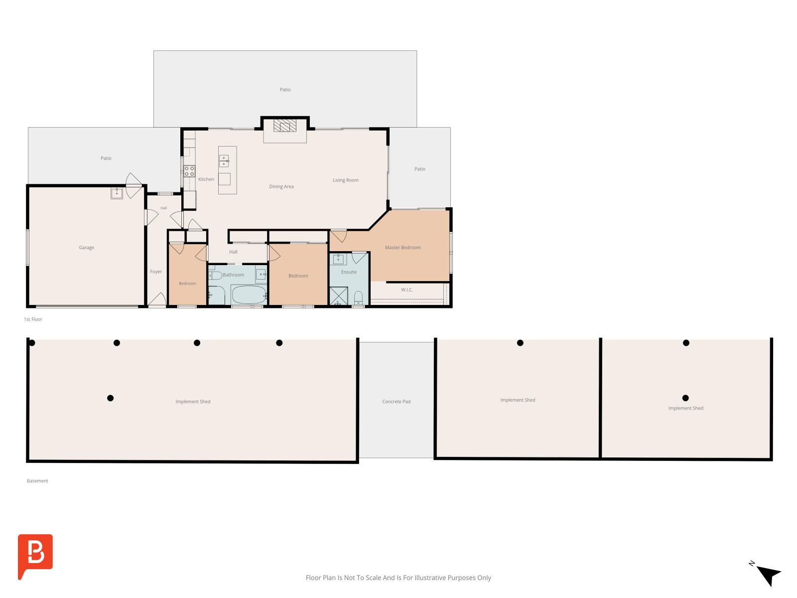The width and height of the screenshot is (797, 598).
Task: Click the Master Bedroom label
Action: (x=402, y=248)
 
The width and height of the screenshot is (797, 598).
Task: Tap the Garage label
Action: (x=86, y=248)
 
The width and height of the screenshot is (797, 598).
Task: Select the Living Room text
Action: (x=345, y=180)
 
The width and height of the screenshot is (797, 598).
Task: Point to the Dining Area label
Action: (x=281, y=186)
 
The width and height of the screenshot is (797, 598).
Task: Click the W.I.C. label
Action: (x=406, y=290)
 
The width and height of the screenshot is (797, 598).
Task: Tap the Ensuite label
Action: (x=349, y=272)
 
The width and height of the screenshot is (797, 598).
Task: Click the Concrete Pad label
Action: (x=396, y=402)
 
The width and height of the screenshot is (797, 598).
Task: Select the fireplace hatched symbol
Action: (x=284, y=126)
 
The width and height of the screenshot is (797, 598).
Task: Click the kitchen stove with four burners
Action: (x=189, y=171)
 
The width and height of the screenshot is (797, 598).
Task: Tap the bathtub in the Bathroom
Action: (x=249, y=295)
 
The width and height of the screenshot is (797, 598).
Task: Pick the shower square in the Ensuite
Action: (x=338, y=296)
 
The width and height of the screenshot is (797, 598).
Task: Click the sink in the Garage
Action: (x=117, y=193)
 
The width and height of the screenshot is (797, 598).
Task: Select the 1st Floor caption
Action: (x=33, y=319)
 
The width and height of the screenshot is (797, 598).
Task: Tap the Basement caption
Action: (x=37, y=481)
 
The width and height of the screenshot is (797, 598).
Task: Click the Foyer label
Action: (x=156, y=272)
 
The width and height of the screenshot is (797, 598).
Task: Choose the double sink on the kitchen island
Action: (x=224, y=161)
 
